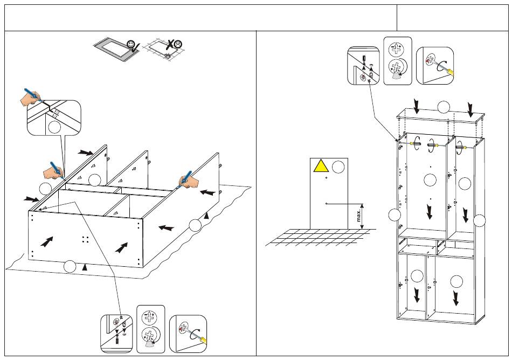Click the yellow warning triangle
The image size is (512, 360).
click(321, 166)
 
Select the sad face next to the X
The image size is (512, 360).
click(178, 44)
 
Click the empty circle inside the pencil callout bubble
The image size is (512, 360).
click(54, 127)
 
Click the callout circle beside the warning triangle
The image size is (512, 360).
click(338, 167)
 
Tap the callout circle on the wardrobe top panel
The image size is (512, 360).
click(443, 107)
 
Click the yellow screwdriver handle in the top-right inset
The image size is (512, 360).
click(447, 70)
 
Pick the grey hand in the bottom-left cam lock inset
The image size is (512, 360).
click(150, 339)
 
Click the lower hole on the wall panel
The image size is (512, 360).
click(327, 203)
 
